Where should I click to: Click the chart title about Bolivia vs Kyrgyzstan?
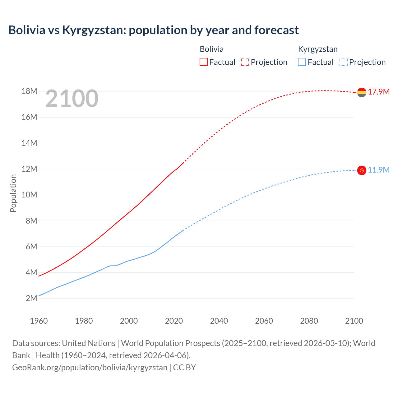pos(153,30)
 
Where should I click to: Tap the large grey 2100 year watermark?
pos(72,99)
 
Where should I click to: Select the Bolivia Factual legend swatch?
pos(203,62)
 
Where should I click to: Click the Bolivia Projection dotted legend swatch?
pos(245,62)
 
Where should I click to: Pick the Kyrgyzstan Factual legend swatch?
pos(302,62)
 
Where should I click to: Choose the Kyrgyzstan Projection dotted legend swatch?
pos(343,62)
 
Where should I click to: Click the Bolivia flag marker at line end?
pos(362,92)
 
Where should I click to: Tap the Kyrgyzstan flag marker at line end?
pos(362,170)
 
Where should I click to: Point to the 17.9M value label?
pos(379,92)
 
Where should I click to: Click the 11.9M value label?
pos(379,170)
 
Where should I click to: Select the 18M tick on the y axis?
pos(29,91)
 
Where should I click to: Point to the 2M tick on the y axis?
pos(31,298)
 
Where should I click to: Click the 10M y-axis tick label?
pos(29,195)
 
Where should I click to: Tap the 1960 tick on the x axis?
pos(39,321)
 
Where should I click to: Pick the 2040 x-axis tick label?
pos(219,321)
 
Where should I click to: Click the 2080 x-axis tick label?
pos(309,321)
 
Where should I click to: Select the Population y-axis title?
pos(13,193)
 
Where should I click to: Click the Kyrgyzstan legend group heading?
pos(318,49)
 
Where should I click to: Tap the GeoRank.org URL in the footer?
pos(90,368)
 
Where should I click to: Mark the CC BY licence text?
pos(184,368)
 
